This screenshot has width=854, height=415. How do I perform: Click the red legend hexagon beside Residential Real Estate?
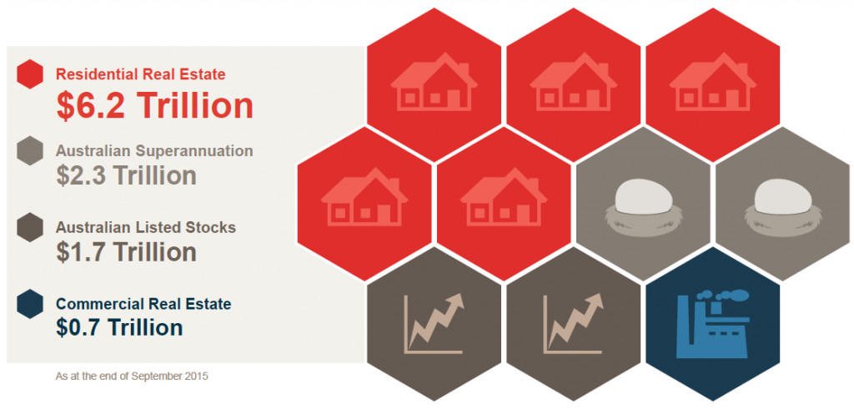click(30, 73)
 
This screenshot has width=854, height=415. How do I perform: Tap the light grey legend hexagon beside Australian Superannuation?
click(30, 150)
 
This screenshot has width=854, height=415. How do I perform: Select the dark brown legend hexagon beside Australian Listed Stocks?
click(30, 227)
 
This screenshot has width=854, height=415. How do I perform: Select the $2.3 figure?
click(80, 175)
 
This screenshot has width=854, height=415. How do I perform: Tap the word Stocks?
click(213, 227)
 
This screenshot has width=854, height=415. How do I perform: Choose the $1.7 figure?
click(80, 252)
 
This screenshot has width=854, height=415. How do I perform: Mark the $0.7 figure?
click(79, 327)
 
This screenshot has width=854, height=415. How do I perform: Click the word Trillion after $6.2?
click(194, 106)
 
